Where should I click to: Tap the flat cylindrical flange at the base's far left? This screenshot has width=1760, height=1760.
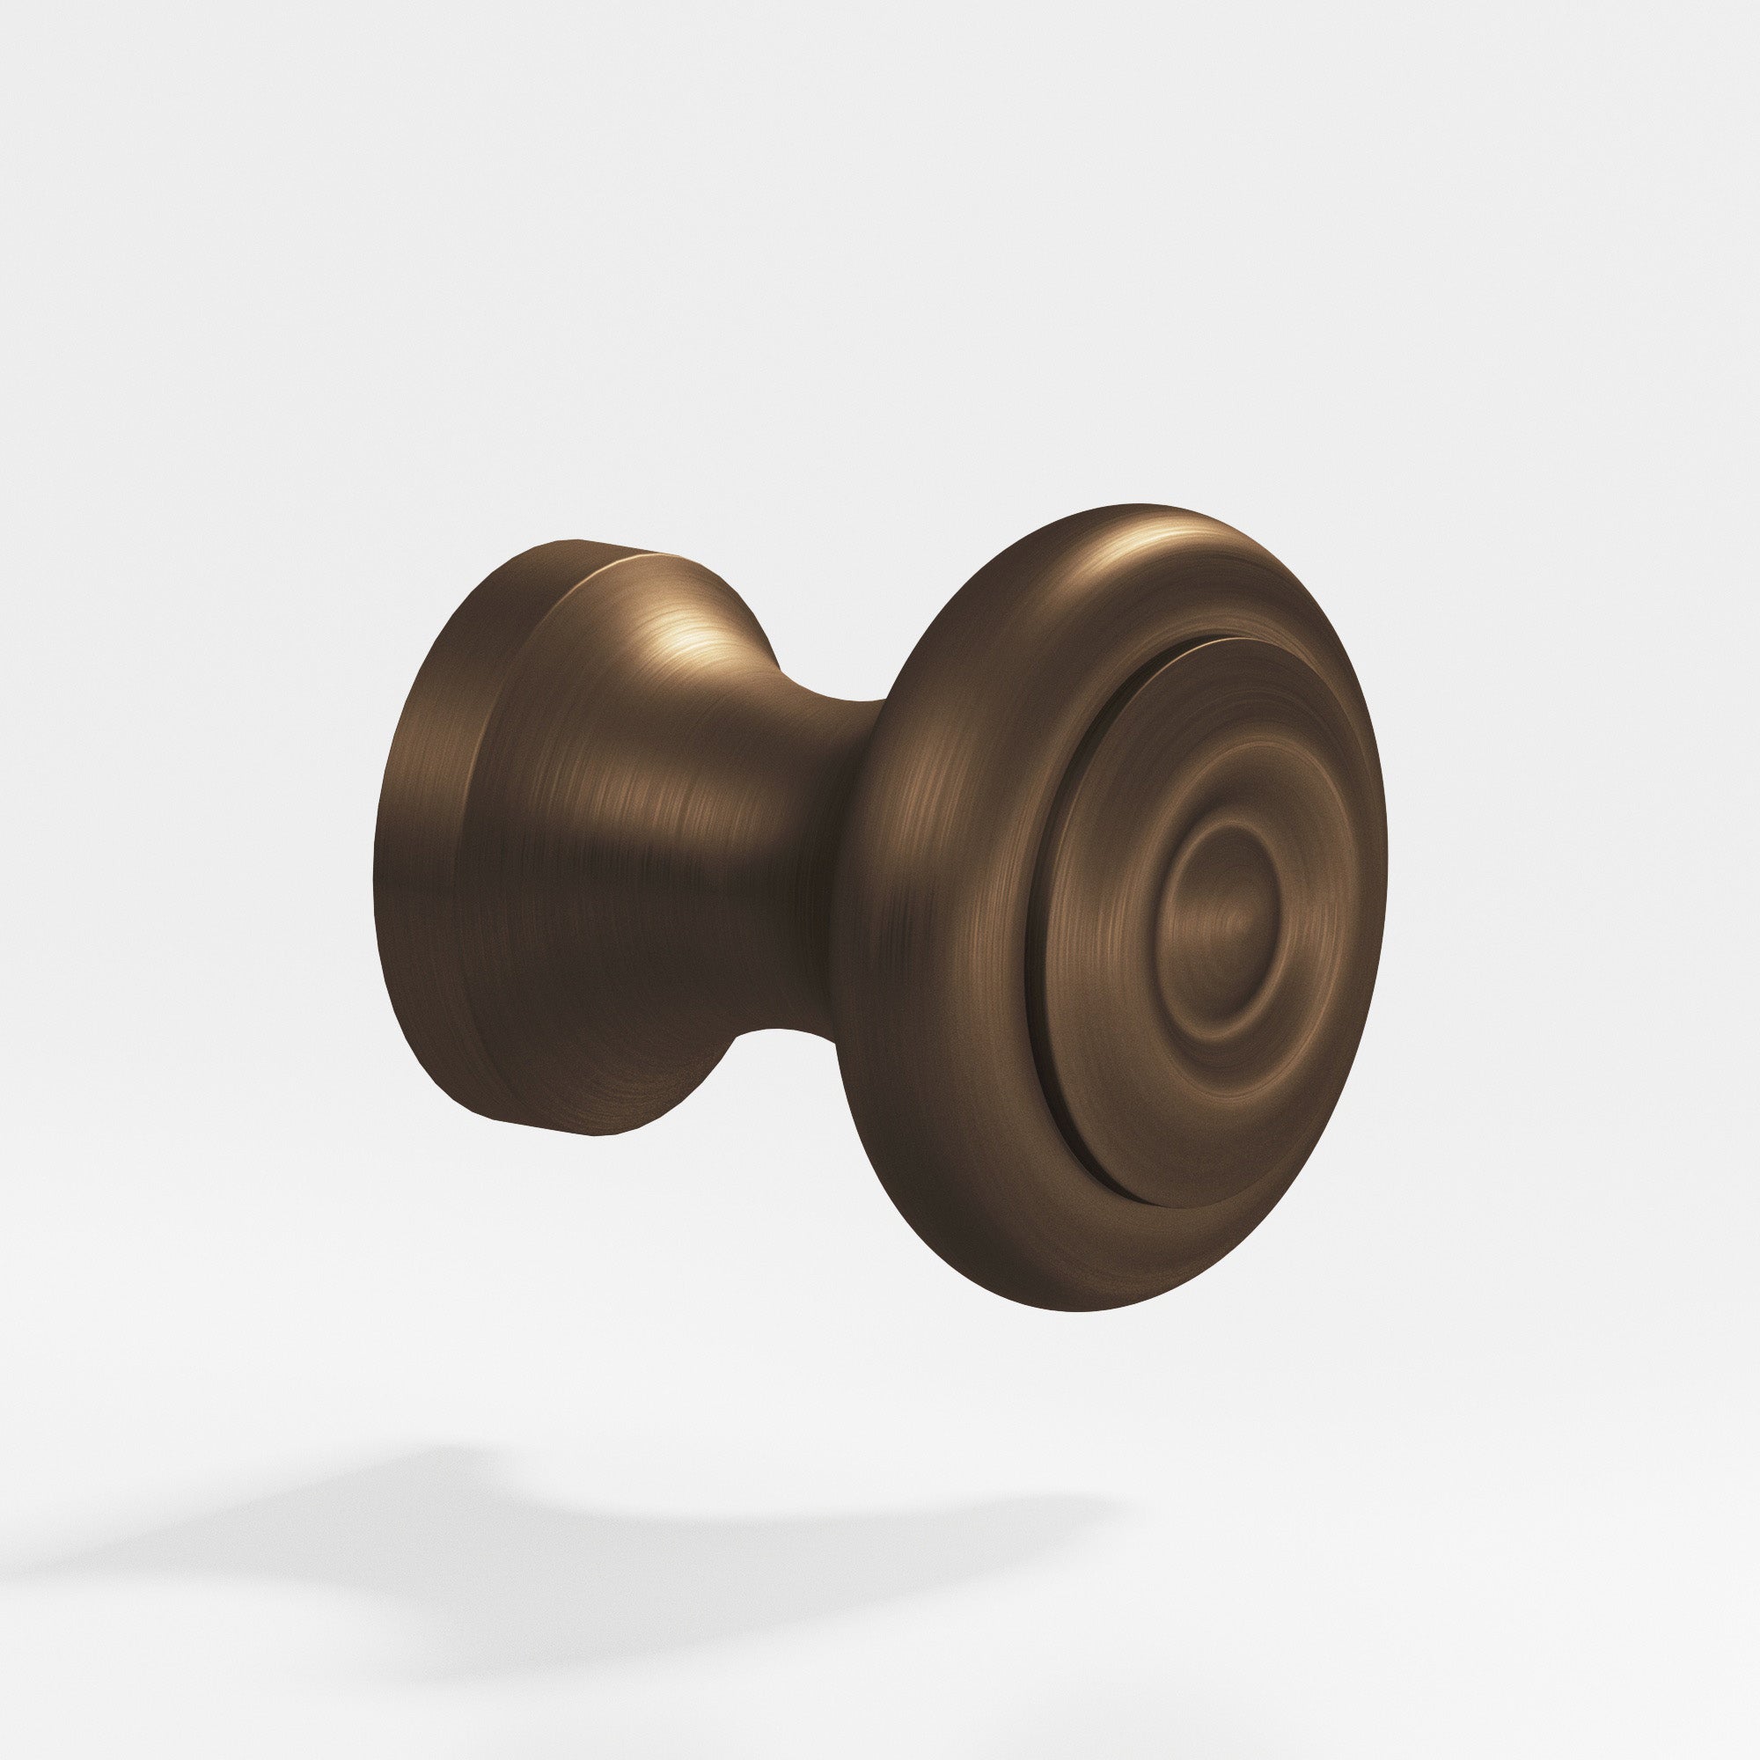click(x=419, y=847)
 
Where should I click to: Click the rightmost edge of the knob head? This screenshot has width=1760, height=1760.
click(x=1384, y=911)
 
